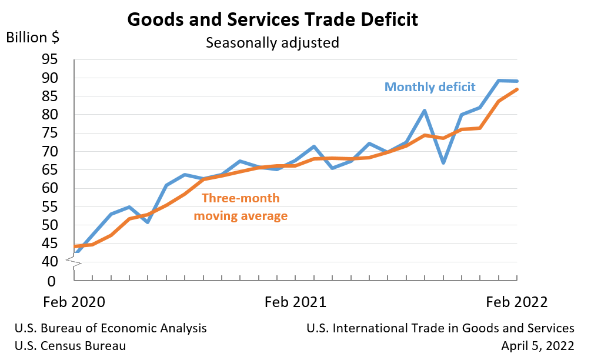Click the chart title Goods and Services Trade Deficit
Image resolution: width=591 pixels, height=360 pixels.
273,19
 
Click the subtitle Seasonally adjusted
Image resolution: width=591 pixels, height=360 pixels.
272,43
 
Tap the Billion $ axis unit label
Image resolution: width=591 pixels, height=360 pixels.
33,37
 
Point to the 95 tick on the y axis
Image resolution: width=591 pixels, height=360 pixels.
49,59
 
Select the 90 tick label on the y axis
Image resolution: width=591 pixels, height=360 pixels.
49,78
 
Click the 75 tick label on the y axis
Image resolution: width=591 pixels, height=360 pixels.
49,134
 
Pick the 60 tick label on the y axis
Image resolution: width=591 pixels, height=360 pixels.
49,189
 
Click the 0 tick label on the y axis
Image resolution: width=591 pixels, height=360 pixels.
52,281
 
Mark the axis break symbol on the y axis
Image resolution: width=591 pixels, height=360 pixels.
75,261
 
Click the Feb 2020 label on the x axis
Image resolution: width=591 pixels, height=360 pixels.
74,302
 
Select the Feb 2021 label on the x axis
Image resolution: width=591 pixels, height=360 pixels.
295,302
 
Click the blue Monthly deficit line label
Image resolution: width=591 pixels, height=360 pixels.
430,87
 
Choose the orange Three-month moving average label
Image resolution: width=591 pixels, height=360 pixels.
241,207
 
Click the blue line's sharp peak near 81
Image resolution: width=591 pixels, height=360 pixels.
425,111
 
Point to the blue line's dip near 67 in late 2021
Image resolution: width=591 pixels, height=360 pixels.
443,162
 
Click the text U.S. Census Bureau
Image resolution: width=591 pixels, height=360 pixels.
70,346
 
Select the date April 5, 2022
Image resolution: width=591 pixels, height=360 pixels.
537,346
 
